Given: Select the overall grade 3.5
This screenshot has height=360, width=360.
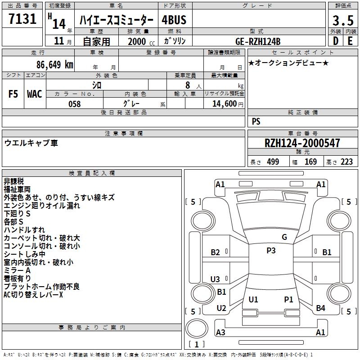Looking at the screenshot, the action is click(342, 20).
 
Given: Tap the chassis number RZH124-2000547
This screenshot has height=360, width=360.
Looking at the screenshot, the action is click(302, 143).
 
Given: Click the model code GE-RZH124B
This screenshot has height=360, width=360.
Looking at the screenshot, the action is click(258, 41).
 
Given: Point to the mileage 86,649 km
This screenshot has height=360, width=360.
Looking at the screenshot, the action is click(53, 65).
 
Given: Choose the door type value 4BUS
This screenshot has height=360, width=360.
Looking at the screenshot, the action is click(174, 20).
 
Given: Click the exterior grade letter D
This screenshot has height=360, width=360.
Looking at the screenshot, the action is click(335, 41).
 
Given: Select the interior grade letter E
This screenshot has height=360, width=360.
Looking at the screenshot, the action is click(350, 41).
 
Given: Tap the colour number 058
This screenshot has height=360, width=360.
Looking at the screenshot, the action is click(74, 104).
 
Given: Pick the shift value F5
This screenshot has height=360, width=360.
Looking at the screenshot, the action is click(13, 94).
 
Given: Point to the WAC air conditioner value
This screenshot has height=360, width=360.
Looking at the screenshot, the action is click(35, 94).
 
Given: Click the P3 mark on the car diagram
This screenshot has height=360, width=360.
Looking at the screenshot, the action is click(271, 251).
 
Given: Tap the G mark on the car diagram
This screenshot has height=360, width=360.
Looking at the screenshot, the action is click(284, 237).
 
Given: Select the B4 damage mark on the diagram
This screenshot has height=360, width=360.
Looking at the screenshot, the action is click(320, 308).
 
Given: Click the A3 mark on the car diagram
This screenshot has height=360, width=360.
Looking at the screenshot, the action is click(220, 333).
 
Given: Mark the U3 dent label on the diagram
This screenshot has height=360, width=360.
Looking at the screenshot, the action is click(215, 279).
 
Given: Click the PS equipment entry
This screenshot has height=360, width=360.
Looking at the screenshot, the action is click(256, 121).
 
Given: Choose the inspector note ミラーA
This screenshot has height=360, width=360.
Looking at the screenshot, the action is click(17, 270).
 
